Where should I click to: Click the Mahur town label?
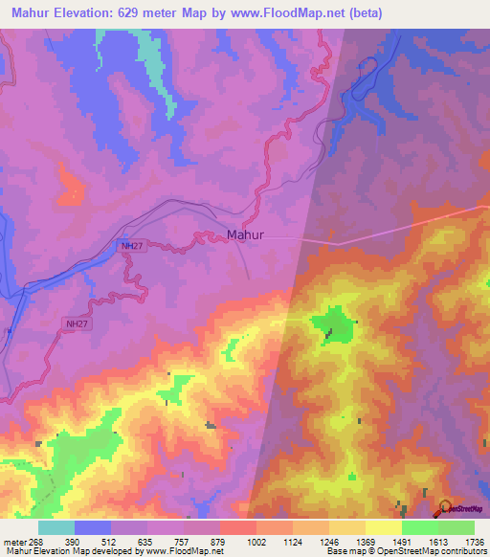pos(245,234)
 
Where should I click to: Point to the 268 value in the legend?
pos(35,543)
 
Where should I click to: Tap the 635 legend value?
pos(145,543)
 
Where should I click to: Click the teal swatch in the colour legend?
pos(56,527)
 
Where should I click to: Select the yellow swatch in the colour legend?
pos(383,527)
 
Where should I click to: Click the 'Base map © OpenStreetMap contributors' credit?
pos(403,551)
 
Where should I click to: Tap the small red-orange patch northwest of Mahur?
pos(69,188)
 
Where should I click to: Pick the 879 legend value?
pos(217,543)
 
